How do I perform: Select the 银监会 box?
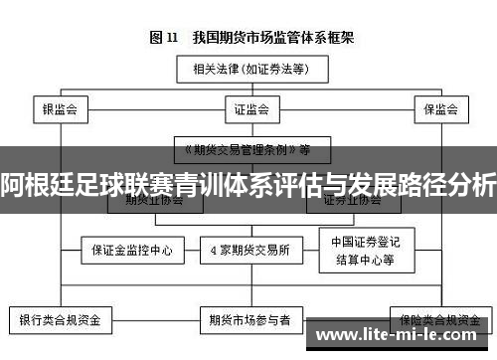61,108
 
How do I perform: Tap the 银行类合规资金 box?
61,320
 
